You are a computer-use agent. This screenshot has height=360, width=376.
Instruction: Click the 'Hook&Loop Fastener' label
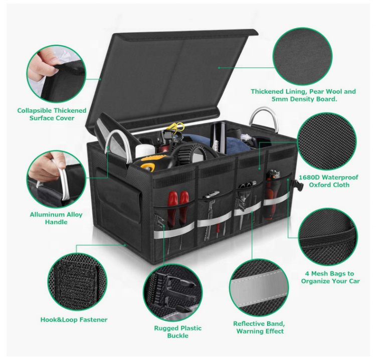point(74,320)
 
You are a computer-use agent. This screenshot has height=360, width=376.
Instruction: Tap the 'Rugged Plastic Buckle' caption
point(177,332)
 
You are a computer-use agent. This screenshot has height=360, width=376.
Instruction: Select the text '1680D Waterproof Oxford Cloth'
point(328,181)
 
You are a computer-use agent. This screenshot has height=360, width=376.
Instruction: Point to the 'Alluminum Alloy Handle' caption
point(56,218)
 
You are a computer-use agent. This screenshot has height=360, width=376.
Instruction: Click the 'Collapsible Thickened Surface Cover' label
point(52,114)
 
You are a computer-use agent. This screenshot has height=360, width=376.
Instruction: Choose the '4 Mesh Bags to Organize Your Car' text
point(330,277)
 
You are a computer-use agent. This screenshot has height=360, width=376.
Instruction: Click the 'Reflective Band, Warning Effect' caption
point(260,327)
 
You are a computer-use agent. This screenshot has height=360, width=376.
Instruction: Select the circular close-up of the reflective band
point(259,288)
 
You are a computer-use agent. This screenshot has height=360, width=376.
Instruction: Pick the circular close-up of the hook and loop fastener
point(77,282)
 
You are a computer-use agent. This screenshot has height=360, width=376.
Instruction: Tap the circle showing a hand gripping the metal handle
point(56,179)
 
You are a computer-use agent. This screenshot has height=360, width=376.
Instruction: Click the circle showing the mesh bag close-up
point(328,237)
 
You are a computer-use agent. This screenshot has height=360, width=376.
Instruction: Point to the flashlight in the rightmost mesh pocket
point(273,194)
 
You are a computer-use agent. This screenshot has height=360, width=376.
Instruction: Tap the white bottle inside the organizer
point(145,150)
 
